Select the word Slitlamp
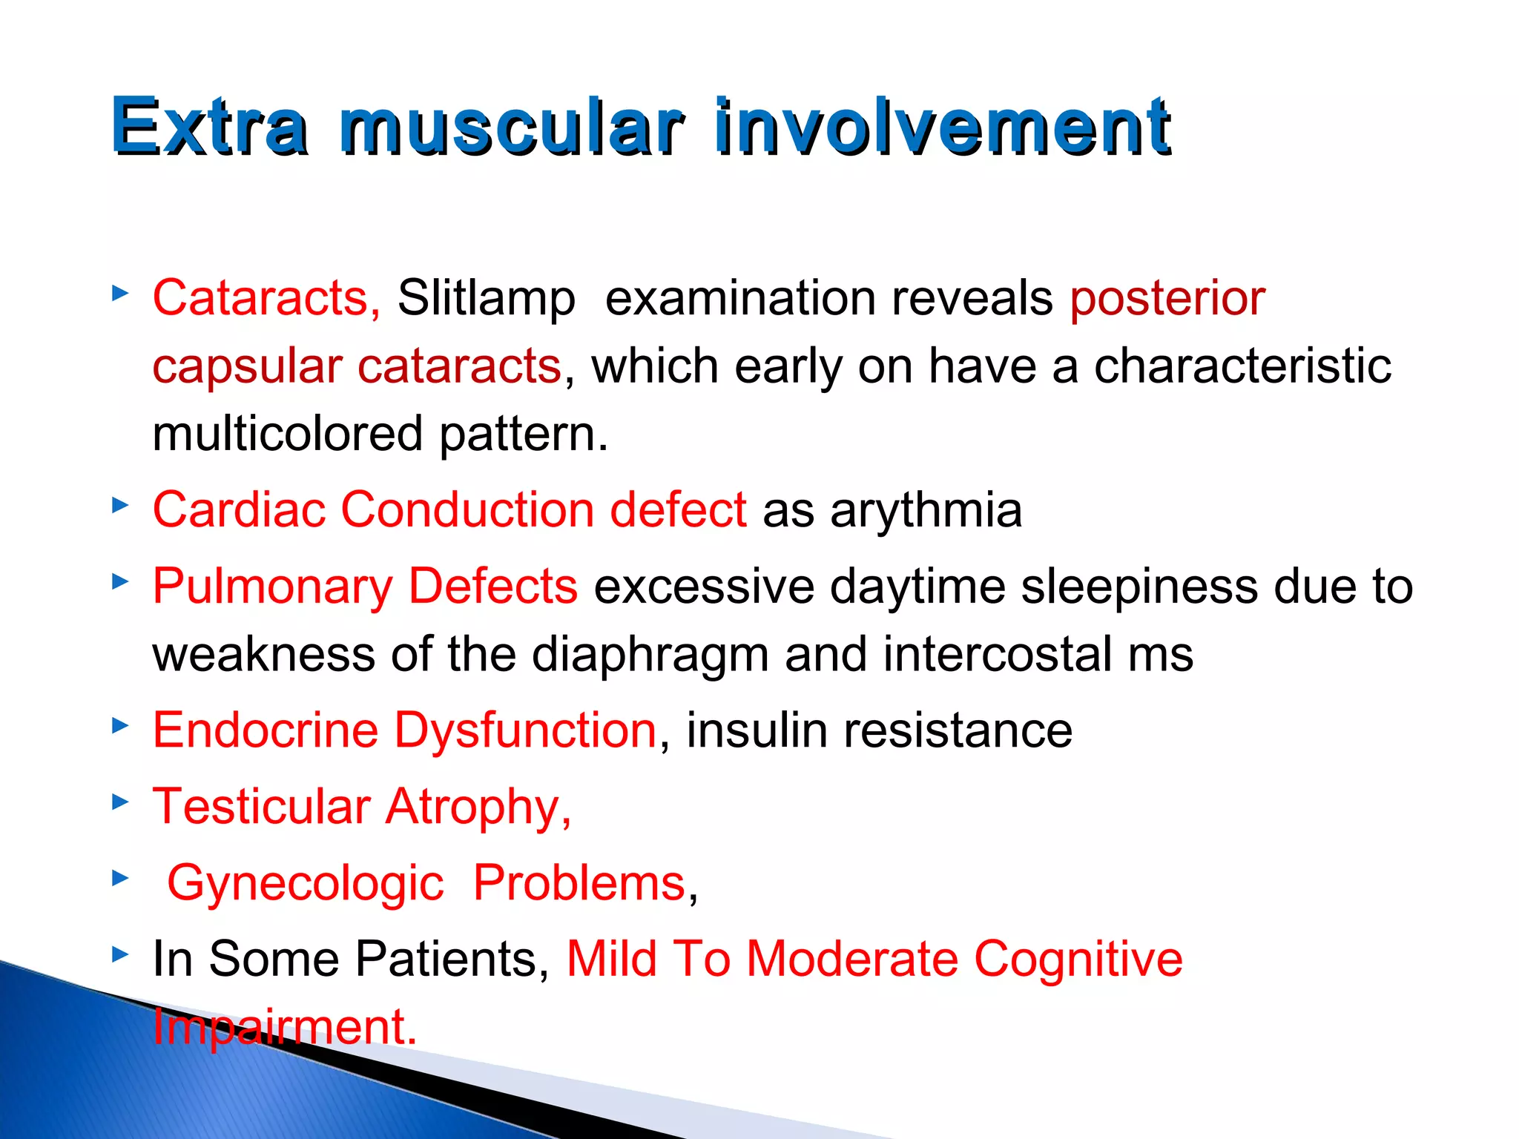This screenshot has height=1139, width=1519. tap(486, 298)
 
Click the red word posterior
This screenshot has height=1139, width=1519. tap(1167, 298)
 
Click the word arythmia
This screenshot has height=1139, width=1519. tap(926, 510)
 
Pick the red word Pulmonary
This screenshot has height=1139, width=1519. tap(271, 587)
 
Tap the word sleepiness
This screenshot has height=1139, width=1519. tap(1139, 587)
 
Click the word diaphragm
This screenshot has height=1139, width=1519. tap(650, 655)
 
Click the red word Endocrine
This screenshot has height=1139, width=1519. tap(265, 730)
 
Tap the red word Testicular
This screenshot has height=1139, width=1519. tap(261, 807)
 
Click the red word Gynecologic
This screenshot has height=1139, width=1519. tap(305, 883)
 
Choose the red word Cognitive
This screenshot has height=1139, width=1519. tap(1078, 959)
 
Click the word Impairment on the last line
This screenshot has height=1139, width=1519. tap(284, 1027)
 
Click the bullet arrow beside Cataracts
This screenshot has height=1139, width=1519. tap(120, 294)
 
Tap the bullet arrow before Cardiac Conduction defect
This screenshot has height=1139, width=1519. tap(120, 506)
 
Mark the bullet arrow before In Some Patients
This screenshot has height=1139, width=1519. tap(120, 954)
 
